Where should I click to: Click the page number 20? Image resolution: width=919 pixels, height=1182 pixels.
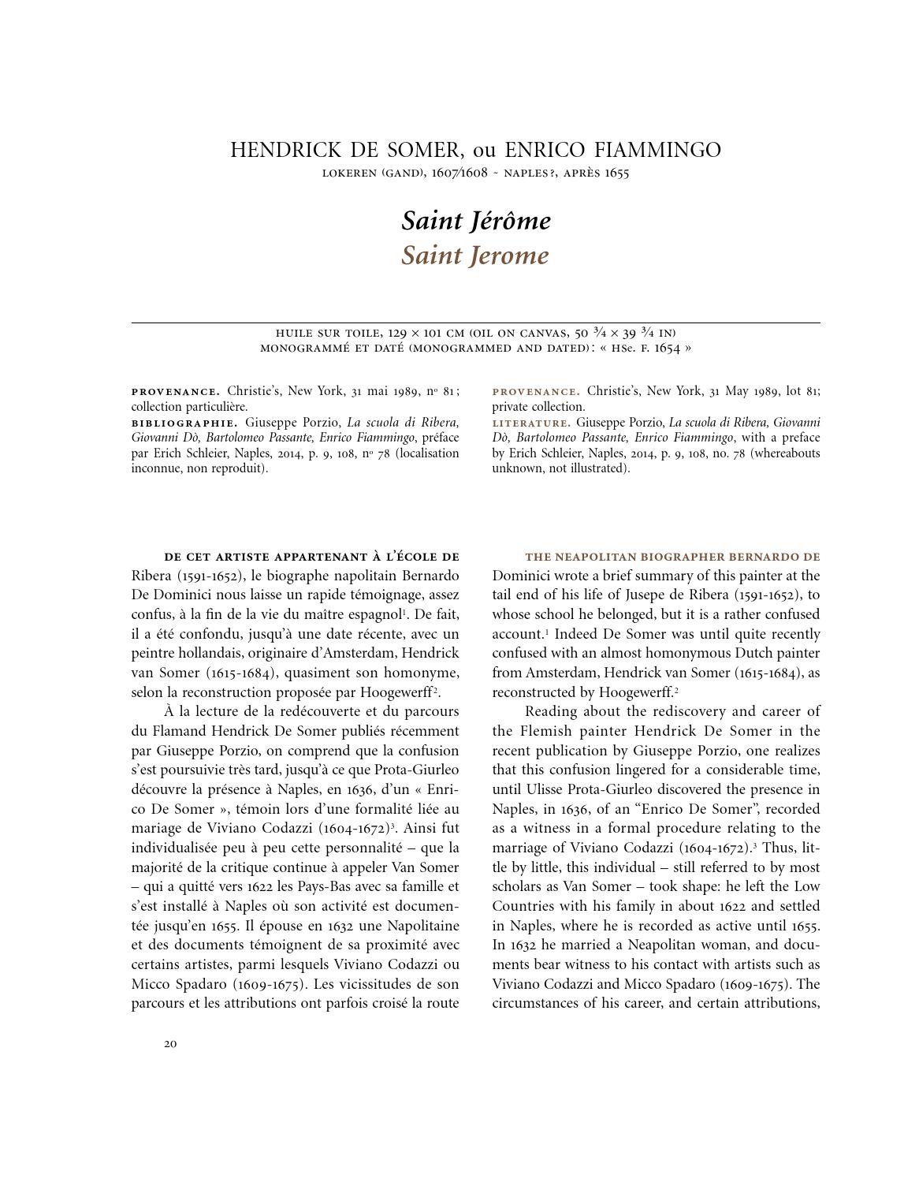170,1044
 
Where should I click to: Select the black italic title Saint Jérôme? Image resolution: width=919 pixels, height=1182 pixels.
475,221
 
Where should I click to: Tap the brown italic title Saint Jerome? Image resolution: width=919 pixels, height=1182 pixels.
474,255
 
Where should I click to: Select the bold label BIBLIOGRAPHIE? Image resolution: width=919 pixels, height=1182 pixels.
184,423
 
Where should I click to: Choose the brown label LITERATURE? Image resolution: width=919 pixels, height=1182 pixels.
531,423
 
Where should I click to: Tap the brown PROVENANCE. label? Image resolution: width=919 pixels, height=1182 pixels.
537,392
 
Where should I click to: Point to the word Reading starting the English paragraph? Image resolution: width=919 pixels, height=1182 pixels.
552,712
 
